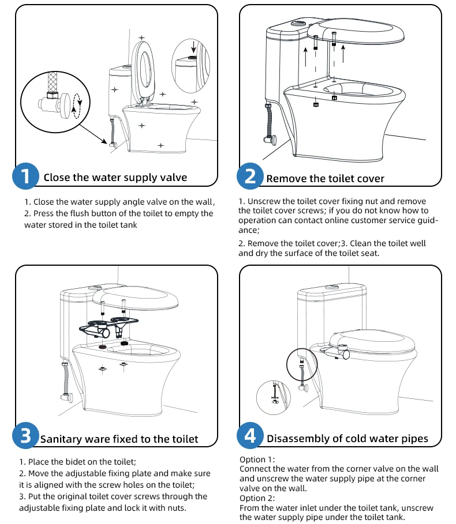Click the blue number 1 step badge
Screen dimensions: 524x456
coord(25,176)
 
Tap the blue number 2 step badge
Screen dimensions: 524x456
coord(250,176)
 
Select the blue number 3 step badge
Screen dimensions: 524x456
coord(25,436)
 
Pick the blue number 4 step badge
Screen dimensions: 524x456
coord(250,436)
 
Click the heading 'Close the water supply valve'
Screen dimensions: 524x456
coord(115,178)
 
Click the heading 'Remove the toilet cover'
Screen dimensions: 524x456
coord(325,179)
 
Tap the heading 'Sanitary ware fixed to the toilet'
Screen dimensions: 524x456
coord(119,439)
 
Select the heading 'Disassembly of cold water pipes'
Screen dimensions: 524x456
coord(347,439)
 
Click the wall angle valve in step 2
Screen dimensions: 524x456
coord(271,138)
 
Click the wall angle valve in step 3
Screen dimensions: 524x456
coord(66,397)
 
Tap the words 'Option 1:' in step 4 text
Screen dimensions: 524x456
coord(257,459)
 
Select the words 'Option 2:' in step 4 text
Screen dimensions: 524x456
coord(257,498)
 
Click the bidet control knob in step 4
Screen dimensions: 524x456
coord(345,354)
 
